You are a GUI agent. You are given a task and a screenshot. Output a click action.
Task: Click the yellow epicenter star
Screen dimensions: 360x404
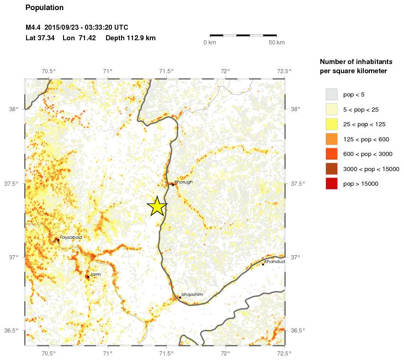(x=157, y=206)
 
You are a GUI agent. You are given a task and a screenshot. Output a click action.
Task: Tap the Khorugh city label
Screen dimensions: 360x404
(x=184, y=182)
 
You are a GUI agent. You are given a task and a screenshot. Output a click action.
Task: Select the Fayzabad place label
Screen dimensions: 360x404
(x=70, y=237)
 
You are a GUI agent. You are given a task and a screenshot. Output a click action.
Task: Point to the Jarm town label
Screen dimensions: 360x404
(x=95, y=274)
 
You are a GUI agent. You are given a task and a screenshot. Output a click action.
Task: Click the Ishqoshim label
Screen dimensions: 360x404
(x=192, y=295)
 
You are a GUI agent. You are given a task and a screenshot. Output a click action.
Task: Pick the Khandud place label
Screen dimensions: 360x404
(x=274, y=262)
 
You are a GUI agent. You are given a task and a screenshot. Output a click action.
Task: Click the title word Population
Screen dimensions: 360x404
(x=44, y=8)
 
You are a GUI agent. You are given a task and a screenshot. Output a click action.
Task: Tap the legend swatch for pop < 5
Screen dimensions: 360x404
(x=331, y=95)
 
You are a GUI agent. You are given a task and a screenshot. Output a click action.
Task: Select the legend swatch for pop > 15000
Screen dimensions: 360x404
(x=331, y=184)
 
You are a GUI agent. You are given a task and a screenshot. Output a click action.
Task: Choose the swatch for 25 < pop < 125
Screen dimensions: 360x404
(x=331, y=124)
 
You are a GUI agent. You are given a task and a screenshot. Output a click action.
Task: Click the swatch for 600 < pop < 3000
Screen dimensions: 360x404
(x=331, y=154)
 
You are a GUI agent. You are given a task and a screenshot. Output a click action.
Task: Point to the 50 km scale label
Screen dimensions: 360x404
(x=276, y=43)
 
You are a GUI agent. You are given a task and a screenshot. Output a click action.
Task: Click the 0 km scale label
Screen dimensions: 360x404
(x=210, y=43)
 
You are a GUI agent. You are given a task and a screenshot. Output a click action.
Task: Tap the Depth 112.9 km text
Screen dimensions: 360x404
(x=131, y=38)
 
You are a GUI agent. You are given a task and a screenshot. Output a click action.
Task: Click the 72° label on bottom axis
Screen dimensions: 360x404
(x=225, y=353)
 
